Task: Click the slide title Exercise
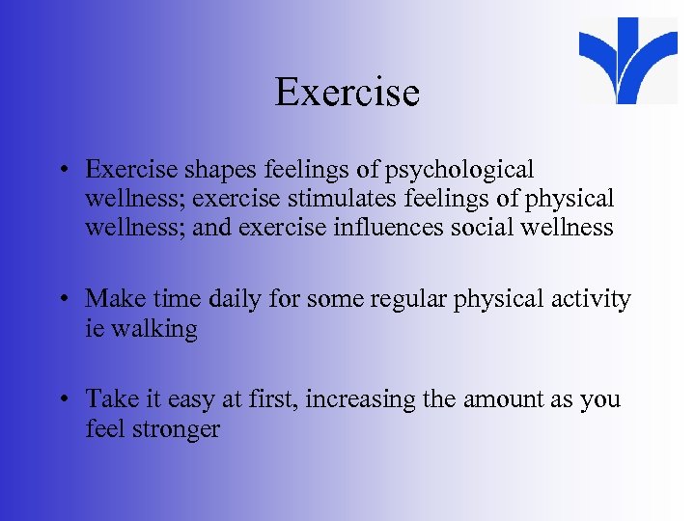click(347, 93)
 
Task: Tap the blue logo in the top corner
click(629, 60)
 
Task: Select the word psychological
click(459, 170)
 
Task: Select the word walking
click(154, 329)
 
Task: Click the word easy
click(186, 399)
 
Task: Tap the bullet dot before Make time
click(63, 300)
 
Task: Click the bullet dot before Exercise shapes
click(63, 171)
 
